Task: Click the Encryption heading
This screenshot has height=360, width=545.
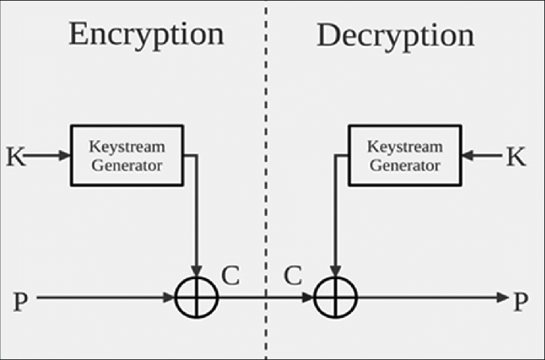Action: pos(146,34)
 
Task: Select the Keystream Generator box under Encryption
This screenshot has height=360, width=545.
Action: pos(127,155)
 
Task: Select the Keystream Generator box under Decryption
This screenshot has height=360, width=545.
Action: pos(406,155)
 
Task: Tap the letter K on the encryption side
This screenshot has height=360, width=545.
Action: pos(15,157)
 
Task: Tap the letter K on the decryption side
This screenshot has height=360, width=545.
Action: pos(516,157)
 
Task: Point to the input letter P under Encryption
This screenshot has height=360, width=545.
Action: pos(21,301)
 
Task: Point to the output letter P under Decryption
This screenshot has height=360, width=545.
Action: pos(520,301)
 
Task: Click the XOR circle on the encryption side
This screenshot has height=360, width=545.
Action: pos(196,298)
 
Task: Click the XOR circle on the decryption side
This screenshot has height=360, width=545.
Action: pos(335,298)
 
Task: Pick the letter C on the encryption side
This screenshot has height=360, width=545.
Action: pos(230,276)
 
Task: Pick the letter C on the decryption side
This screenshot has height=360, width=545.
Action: pos(292,276)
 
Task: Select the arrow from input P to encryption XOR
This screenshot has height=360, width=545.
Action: pos(105,298)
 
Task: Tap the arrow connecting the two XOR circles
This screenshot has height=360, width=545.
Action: pos(265,298)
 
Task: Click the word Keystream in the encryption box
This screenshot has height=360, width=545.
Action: pos(127,146)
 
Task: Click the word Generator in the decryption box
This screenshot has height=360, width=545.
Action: pos(406,164)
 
